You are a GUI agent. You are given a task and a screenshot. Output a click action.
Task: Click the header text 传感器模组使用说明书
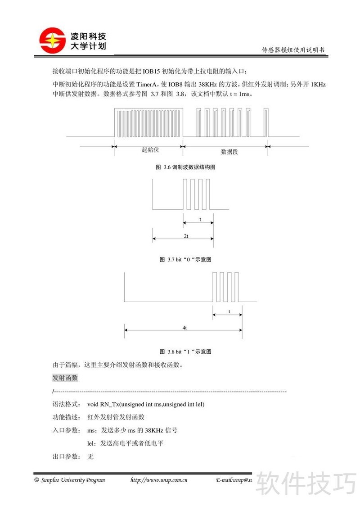tap(293, 50)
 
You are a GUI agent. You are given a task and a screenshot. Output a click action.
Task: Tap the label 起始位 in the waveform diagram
tap(150, 150)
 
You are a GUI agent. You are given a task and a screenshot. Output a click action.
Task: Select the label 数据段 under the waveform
tap(229, 152)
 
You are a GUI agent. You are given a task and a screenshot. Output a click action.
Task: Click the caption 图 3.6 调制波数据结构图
tap(185, 167)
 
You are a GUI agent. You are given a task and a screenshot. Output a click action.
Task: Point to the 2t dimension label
tap(185, 236)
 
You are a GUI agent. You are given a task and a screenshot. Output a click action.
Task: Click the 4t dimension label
tap(185, 328)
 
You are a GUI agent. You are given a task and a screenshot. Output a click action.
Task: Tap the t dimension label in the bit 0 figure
tap(199, 220)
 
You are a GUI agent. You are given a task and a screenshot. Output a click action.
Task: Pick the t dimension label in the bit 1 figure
tap(229, 311)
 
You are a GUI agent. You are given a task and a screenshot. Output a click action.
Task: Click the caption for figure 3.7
tap(185, 260)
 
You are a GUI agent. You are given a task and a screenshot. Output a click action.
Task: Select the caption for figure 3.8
tap(185, 352)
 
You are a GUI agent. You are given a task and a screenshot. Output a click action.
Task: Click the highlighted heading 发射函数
tap(65, 378)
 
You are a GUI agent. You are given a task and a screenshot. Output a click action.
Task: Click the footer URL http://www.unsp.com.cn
tap(159, 480)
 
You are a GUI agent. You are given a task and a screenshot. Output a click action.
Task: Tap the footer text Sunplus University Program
tap(72, 480)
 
